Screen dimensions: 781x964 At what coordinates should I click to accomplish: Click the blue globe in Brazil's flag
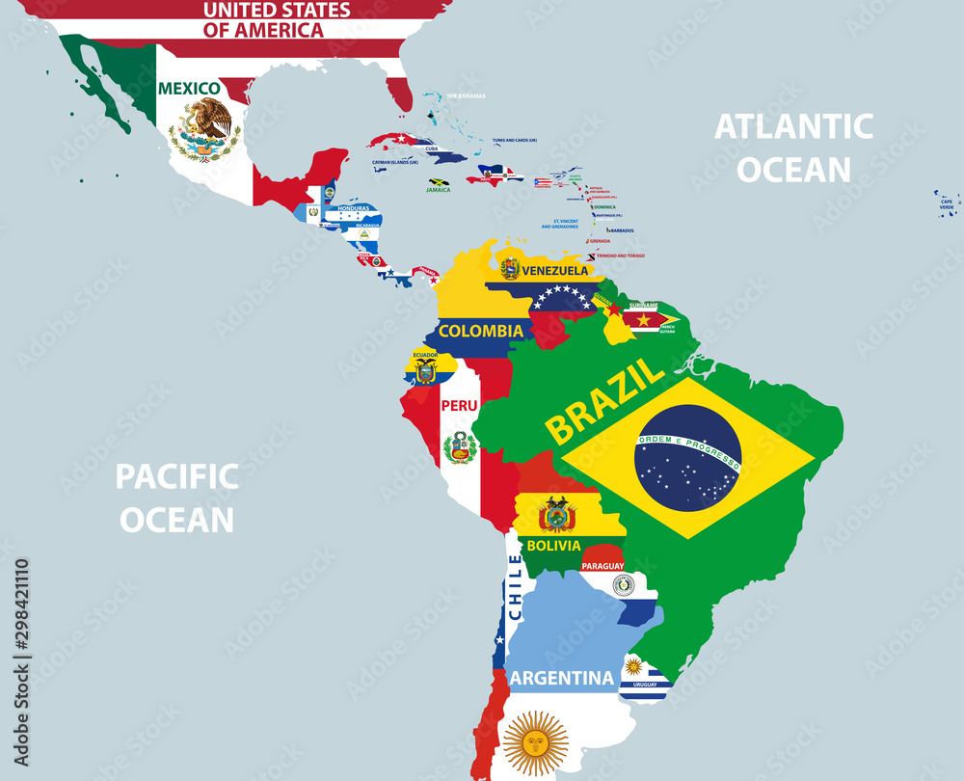pos(687,458)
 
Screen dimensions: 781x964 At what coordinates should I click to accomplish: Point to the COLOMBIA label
pos(481,331)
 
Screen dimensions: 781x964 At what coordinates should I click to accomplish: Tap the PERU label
pos(459,405)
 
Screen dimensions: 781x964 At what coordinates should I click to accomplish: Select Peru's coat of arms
pos(460,447)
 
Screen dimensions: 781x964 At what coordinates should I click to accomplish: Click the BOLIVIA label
pos(554,546)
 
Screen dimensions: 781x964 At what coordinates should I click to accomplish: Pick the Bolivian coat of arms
pos(556,515)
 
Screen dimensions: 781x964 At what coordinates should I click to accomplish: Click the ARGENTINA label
pos(561,678)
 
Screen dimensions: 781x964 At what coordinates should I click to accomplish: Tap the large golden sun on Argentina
pos(536,742)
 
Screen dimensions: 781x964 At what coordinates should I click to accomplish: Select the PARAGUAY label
pos(602,566)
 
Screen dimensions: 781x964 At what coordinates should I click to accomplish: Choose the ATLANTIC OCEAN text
pos(793,148)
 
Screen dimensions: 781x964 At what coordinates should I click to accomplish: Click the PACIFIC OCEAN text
pos(176,498)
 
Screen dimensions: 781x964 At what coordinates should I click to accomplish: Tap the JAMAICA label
pos(439,190)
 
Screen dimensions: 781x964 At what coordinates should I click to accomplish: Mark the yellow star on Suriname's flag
pos(643,319)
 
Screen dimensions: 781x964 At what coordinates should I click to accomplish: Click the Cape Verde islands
pos(946,202)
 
